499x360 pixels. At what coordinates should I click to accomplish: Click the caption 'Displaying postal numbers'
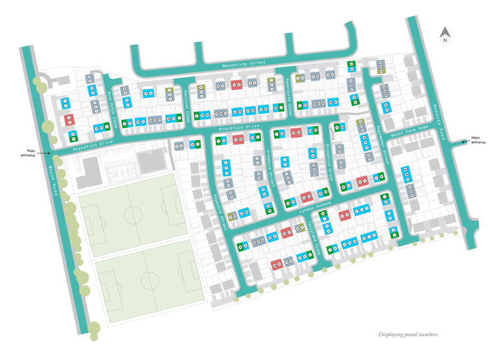408,335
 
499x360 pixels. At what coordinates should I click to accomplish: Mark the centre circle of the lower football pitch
149,280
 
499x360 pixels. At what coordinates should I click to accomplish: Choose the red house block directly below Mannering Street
237,84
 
